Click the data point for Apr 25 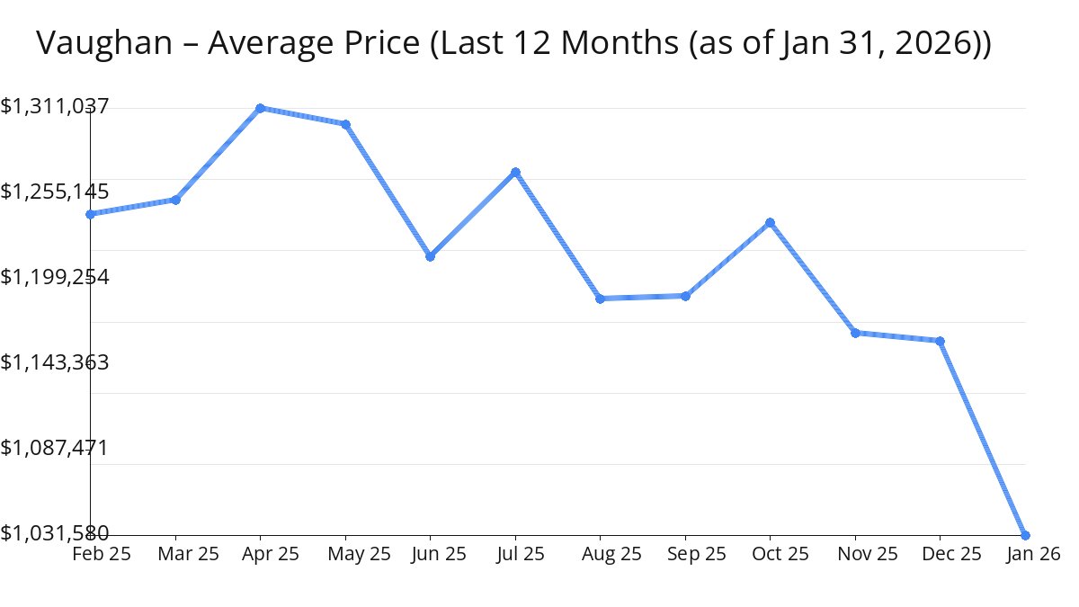point(260,108)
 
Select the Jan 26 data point point(1025,535)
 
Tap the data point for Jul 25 point(515,172)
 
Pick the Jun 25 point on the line point(430,256)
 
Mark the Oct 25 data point point(770,222)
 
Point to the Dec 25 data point point(940,341)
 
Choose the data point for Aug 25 point(600,299)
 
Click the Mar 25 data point point(175,200)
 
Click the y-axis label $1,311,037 point(55,107)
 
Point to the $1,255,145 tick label point(55,192)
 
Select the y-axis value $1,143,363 point(55,362)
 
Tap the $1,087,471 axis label point(55,448)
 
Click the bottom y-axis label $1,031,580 point(55,533)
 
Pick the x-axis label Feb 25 point(101,554)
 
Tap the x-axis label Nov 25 point(867,554)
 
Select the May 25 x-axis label point(360,554)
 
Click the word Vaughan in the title point(104,43)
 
